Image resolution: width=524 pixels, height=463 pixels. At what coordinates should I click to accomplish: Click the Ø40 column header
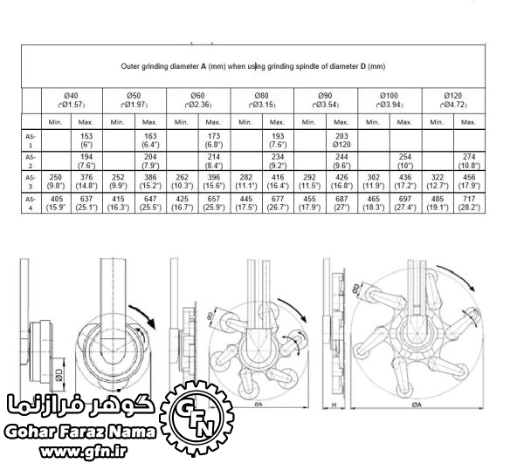click(x=72, y=99)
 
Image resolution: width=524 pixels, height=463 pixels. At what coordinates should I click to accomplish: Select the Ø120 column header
click(x=453, y=99)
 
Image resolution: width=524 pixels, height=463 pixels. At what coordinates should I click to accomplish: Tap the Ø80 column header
click(x=262, y=99)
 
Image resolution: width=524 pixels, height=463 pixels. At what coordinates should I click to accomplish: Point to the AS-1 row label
click(x=31, y=140)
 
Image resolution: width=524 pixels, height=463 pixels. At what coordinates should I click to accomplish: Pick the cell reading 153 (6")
click(x=86, y=140)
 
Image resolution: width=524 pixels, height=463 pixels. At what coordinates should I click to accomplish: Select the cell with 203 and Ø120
click(x=341, y=140)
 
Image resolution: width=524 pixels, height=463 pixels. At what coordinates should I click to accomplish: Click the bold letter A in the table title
click(x=204, y=65)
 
